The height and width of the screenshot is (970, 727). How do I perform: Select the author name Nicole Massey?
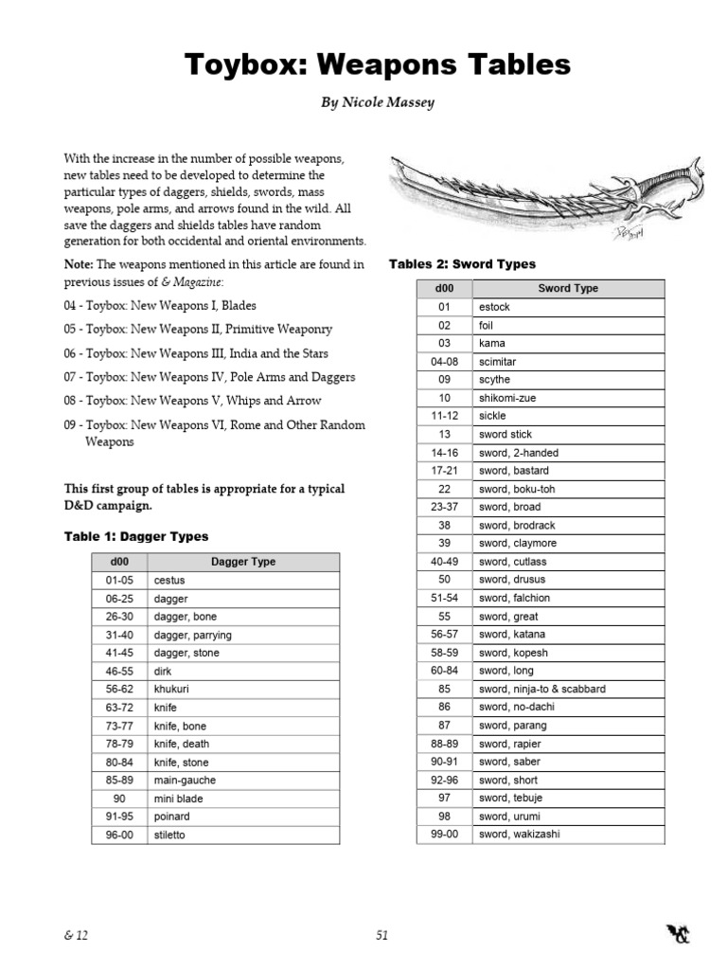click(363, 102)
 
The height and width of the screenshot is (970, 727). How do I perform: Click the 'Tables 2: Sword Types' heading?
click(462, 264)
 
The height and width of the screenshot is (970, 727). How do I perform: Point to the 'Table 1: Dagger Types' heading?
click(136, 536)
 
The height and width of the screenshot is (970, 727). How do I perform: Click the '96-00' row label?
click(118, 835)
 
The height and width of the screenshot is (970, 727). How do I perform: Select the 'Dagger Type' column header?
click(243, 562)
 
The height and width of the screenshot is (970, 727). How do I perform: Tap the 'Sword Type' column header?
click(568, 288)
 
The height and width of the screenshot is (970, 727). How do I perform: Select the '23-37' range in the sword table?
click(444, 507)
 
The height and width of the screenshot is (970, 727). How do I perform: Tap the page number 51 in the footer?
click(381, 935)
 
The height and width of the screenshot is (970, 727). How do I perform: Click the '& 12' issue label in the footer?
click(77, 935)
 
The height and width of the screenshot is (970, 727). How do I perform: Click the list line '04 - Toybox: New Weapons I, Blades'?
click(160, 306)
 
